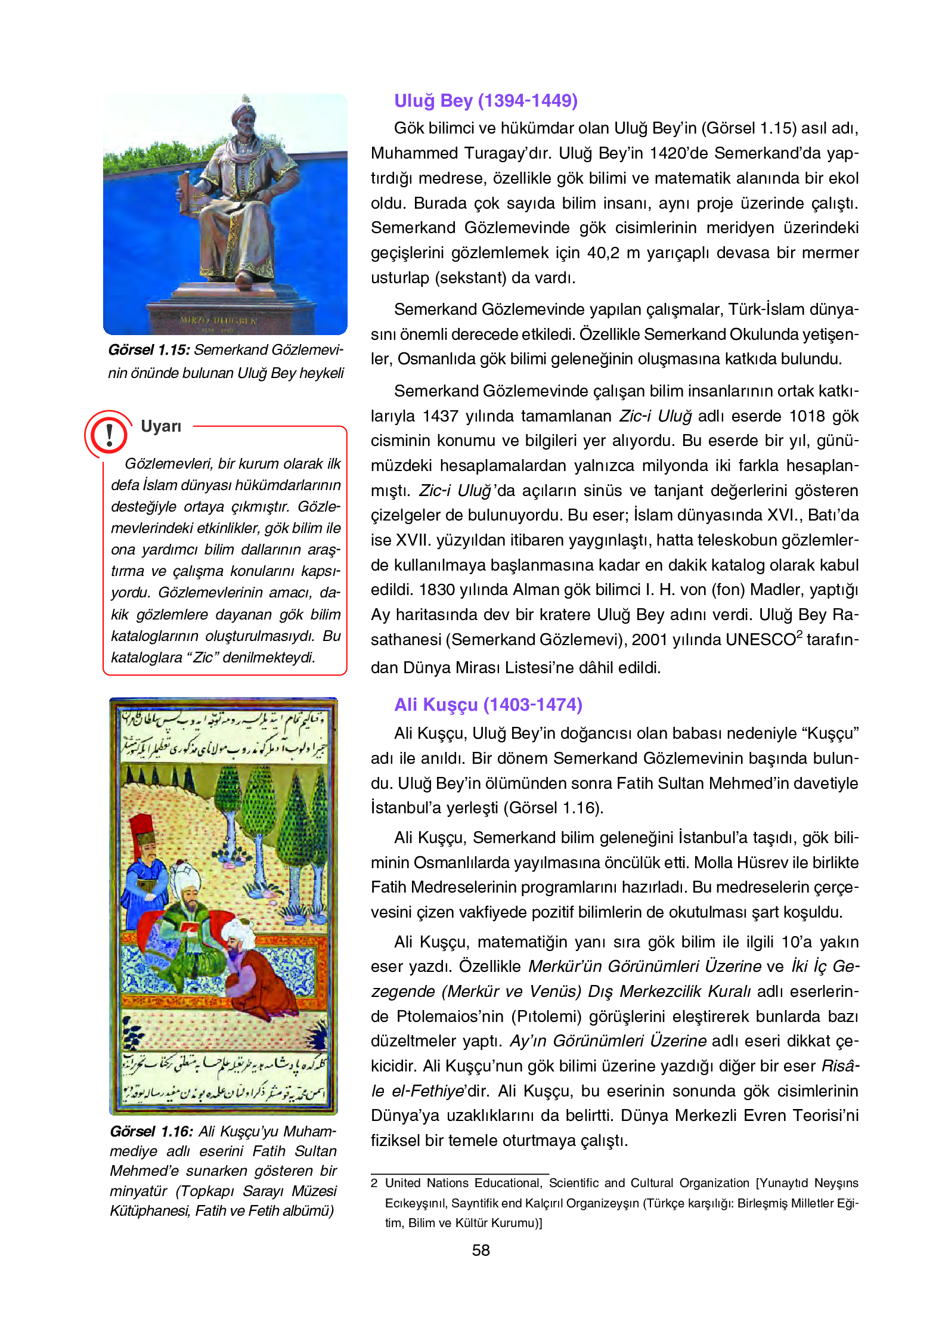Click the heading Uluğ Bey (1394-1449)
tap(485, 101)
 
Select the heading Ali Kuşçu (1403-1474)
tap(488, 705)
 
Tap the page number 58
tap(481, 1250)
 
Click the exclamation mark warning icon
tap(109, 435)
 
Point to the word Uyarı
tap(161, 426)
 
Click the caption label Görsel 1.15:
tap(149, 350)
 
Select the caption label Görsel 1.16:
tap(151, 1132)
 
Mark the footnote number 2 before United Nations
tap(374, 1184)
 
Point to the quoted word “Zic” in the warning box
tap(203, 658)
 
